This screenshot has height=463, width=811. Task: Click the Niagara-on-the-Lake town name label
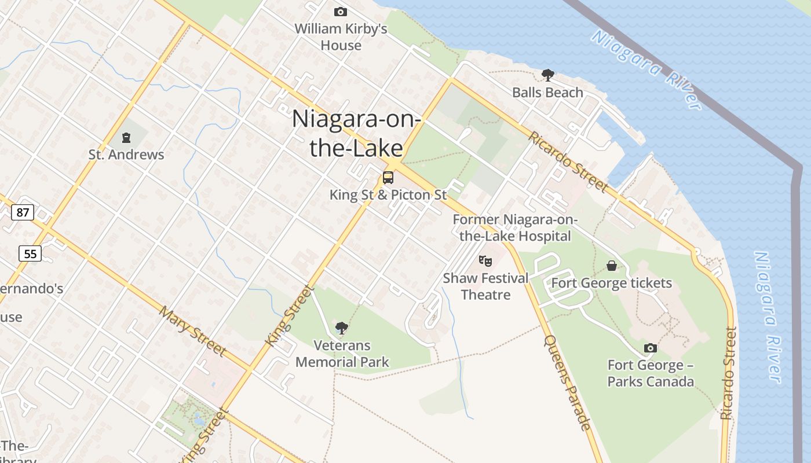pyautogui.click(x=356, y=133)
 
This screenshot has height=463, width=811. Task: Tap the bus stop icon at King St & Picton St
pyautogui.click(x=388, y=178)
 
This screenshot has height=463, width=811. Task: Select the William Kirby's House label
pyautogui.click(x=341, y=36)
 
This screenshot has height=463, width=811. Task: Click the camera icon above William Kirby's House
pyautogui.click(x=341, y=12)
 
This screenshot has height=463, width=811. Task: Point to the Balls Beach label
pyautogui.click(x=547, y=93)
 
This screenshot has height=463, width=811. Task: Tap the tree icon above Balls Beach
pyautogui.click(x=547, y=75)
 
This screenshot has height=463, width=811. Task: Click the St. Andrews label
pyautogui.click(x=126, y=155)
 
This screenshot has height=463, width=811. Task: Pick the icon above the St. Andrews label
pyautogui.click(x=126, y=138)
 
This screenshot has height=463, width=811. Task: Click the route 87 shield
pyautogui.click(x=23, y=212)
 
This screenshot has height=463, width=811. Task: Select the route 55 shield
pyautogui.click(x=30, y=253)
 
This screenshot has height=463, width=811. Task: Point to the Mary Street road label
pyautogui.click(x=192, y=331)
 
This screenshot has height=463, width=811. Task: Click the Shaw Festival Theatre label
pyautogui.click(x=485, y=286)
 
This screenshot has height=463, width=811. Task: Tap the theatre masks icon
pyautogui.click(x=485, y=261)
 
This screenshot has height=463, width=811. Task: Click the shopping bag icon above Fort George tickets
pyautogui.click(x=611, y=266)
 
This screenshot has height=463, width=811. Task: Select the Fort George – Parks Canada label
pyautogui.click(x=651, y=373)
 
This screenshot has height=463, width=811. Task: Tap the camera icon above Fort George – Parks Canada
pyautogui.click(x=651, y=348)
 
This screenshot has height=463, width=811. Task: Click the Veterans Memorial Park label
pyautogui.click(x=342, y=354)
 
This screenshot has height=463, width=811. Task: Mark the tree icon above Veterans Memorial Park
pyautogui.click(x=342, y=328)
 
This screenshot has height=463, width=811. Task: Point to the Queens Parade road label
pyautogui.click(x=568, y=382)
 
